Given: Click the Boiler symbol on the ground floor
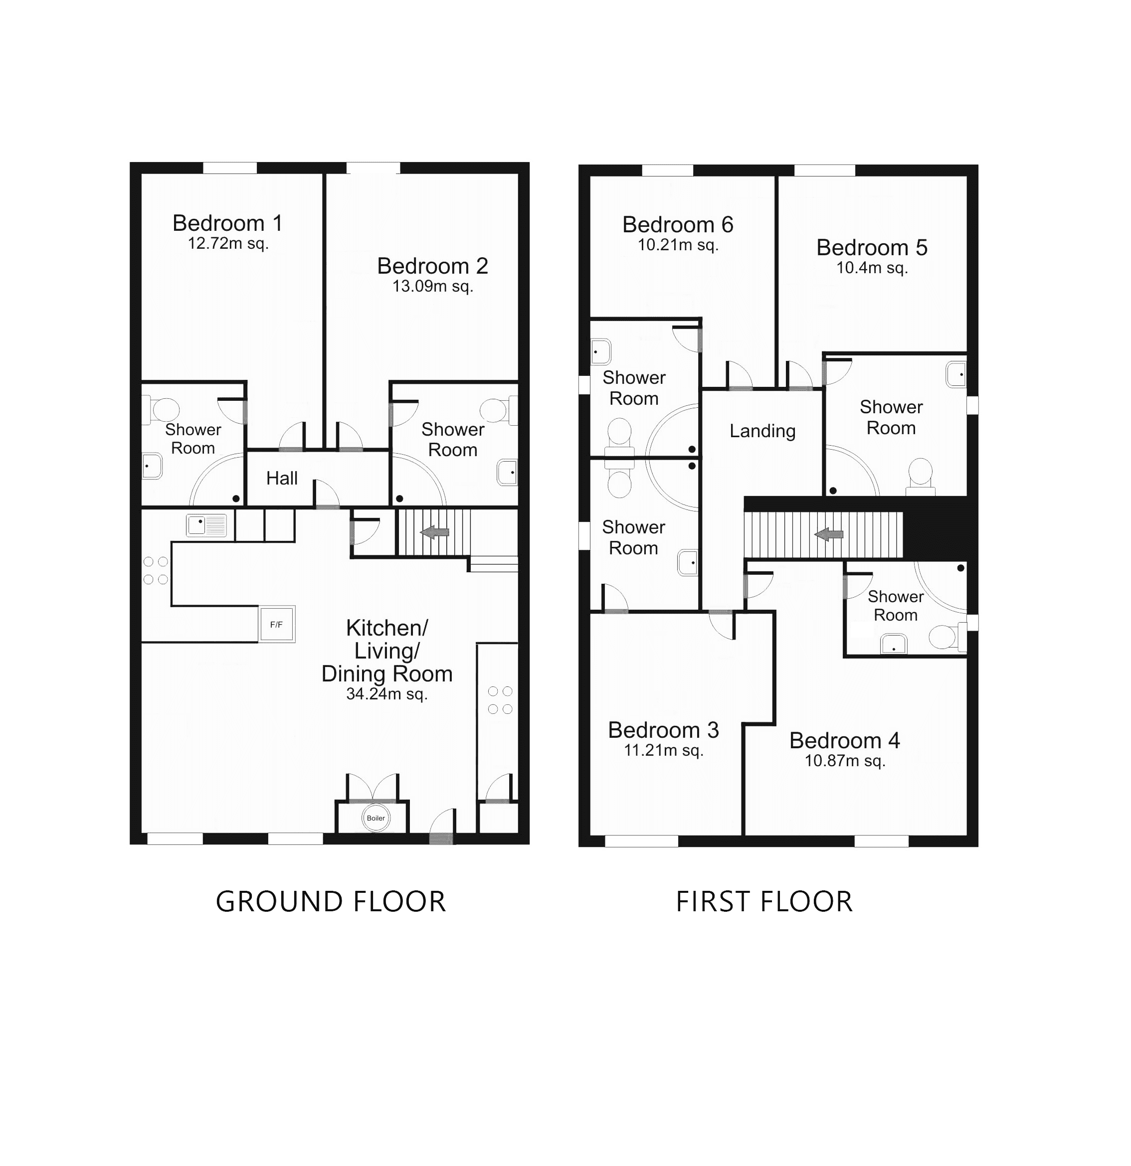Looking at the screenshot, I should click(x=376, y=818).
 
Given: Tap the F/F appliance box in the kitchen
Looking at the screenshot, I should click(x=277, y=625).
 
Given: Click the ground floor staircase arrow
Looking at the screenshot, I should click(x=435, y=532).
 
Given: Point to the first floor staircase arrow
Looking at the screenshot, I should click(x=829, y=534).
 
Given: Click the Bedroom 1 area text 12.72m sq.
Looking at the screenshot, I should click(x=228, y=243).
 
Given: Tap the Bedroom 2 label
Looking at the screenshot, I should click(x=432, y=266).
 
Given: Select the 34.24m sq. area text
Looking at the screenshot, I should click(x=386, y=693).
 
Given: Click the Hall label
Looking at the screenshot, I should click(x=282, y=478).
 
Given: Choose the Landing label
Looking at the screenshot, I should click(x=762, y=431).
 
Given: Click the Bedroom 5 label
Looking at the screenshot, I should click(x=872, y=247).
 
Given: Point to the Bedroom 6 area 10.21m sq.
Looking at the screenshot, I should click(x=678, y=245).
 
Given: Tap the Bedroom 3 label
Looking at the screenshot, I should click(x=663, y=730).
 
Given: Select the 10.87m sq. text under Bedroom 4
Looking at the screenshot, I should click(x=845, y=761).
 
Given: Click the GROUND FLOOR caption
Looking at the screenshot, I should click(x=331, y=902).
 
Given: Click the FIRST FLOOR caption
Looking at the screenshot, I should click(x=764, y=902).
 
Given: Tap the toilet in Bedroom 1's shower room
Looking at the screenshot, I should click(x=164, y=409).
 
